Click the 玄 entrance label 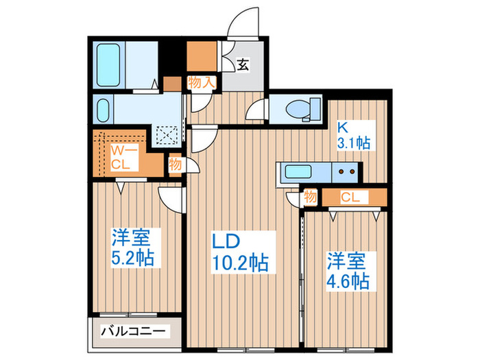[x=243, y=66]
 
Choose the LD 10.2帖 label [x=239, y=252]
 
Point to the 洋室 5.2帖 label [x=133, y=248]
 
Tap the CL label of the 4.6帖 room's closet [x=350, y=198]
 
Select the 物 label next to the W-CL [x=175, y=164]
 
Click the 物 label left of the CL [x=310, y=198]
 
